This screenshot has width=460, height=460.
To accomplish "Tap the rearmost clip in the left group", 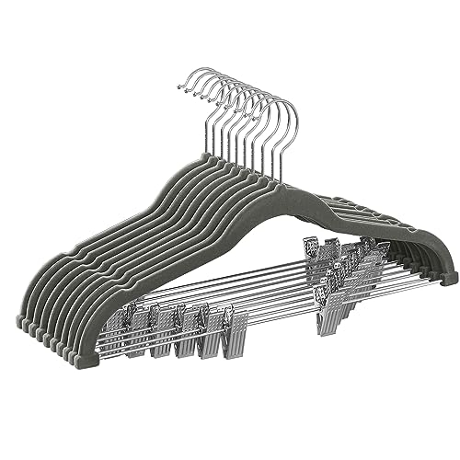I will [x=114, y=318].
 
